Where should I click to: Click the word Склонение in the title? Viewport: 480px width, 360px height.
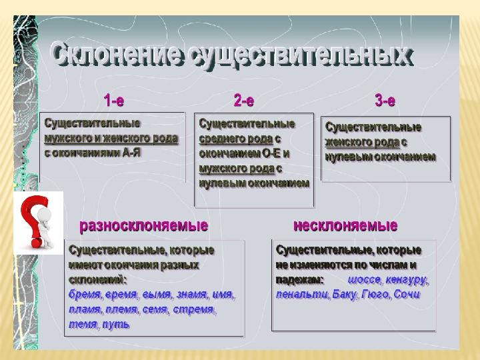117,55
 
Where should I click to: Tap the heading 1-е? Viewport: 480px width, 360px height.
113,100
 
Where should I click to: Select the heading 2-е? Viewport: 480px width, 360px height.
244,100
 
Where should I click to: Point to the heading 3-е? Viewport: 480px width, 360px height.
385,100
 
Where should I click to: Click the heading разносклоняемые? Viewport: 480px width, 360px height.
143,226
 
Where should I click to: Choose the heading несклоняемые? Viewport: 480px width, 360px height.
345,225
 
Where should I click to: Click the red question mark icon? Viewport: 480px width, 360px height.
35,222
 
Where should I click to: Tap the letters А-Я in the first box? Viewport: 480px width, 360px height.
131,153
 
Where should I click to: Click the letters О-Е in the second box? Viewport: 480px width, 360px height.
271,153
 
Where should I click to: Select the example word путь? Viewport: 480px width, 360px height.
116,324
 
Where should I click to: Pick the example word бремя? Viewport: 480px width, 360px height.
84,295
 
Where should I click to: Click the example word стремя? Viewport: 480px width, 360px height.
193,309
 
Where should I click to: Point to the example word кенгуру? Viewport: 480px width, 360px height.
405,280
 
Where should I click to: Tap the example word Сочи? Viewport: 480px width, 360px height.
407,294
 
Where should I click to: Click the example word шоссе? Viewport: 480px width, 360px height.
364,280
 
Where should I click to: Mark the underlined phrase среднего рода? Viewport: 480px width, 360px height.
236,139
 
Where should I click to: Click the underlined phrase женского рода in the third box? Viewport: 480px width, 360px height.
362,142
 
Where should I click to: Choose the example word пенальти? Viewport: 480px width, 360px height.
302,295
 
